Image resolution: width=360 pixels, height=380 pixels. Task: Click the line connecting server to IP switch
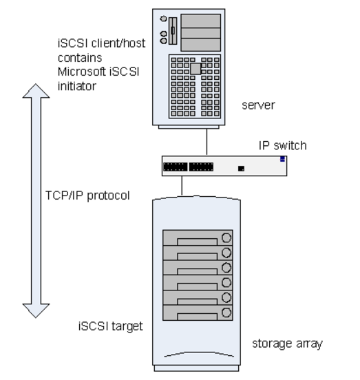(207, 141)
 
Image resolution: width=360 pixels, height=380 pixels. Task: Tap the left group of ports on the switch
(175, 166)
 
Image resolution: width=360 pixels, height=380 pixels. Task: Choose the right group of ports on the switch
(201, 166)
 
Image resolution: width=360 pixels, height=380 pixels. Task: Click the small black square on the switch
(240, 167)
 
